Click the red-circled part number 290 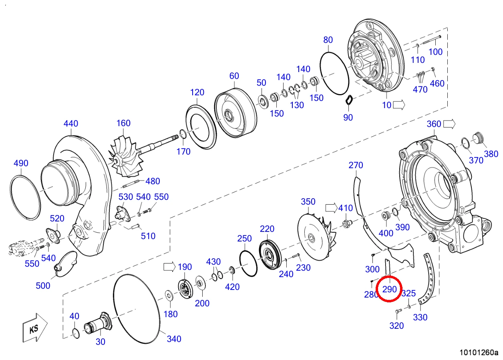coord(389,289)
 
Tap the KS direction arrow coord(35,328)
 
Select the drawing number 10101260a coord(479,352)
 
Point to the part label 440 coord(71,123)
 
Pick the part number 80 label coord(328,40)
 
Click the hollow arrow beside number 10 coord(399,105)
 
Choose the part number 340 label coord(174,339)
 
